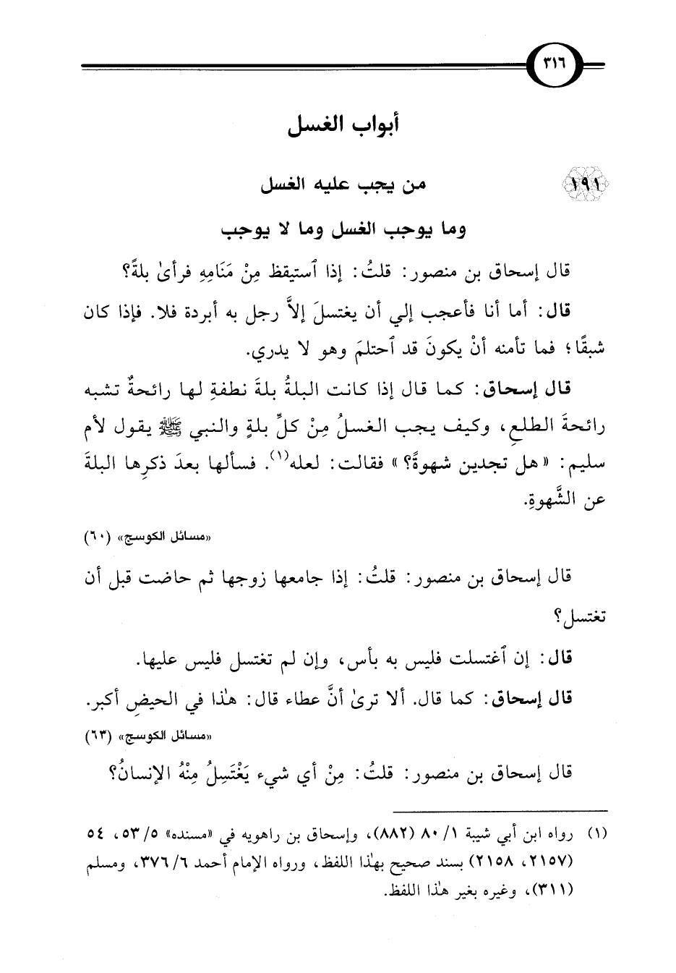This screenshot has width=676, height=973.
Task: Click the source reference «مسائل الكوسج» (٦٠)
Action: click(x=562, y=538)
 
